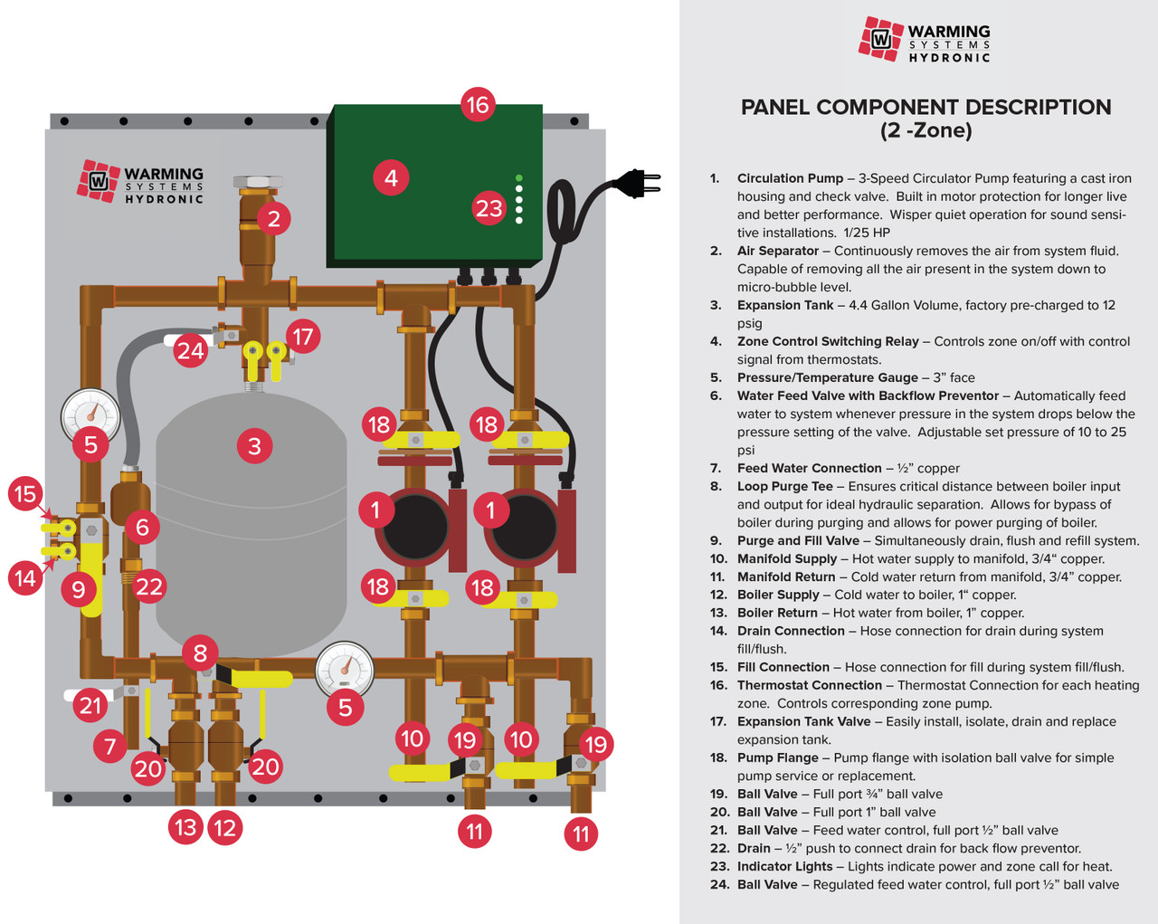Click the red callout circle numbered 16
[477, 105]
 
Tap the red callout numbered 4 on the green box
[391, 177]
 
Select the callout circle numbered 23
[489, 208]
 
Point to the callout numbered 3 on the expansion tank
[254, 445]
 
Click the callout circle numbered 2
[273, 217]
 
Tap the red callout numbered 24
[190, 349]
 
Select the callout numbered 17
[303, 338]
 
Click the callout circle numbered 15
[25, 494]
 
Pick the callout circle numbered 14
[25, 576]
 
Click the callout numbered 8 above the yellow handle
[200, 653]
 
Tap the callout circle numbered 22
[149, 587]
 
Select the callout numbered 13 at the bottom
[185, 826]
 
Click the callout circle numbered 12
[224, 826]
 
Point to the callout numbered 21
[90, 704]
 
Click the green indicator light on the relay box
[518, 178]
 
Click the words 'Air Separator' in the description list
[777, 251]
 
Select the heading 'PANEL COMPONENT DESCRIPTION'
[925, 107]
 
